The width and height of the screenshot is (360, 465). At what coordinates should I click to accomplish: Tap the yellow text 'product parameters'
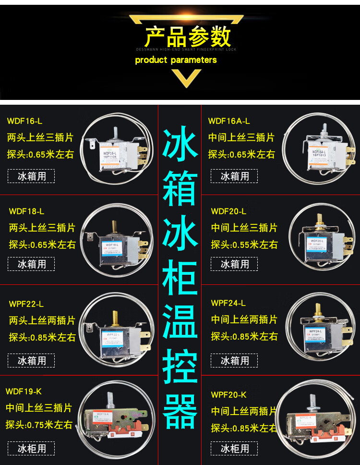pos(176,60)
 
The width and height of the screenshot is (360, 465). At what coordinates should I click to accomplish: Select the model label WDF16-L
pos(24,121)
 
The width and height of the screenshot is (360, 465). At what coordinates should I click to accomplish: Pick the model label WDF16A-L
pos(229,121)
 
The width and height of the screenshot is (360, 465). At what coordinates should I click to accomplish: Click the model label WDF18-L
pos(26,211)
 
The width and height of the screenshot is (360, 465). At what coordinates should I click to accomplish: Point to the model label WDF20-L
pos(228,211)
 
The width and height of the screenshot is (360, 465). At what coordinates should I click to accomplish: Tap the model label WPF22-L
pos(26,304)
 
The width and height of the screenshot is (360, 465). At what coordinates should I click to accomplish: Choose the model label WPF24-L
pos(228,303)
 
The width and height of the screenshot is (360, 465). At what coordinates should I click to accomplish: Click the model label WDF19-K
pos(24,391)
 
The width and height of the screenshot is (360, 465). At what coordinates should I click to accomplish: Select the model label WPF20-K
pos(228,395)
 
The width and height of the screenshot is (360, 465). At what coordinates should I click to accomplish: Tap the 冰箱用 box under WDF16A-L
pos(235,176)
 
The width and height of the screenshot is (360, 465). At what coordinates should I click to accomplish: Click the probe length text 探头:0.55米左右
pos(244,245)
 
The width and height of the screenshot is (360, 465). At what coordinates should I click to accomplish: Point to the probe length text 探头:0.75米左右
pos(39,425)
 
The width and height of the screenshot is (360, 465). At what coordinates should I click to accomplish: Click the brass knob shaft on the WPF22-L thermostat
pos(115,318)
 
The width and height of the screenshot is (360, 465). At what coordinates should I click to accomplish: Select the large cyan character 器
pos(180,412)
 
